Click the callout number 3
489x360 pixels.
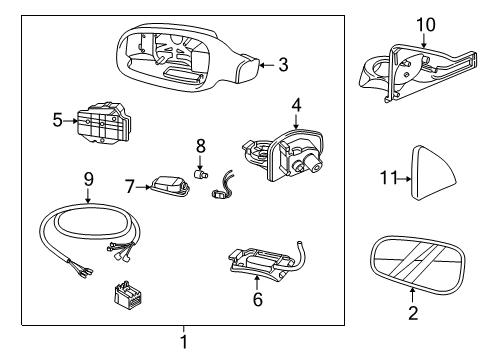point(283,65)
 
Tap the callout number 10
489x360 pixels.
point(426,25)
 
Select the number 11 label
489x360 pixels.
point(389,178)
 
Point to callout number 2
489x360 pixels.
point(413,313)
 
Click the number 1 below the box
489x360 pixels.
point(184,342)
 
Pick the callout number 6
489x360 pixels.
point(258,299)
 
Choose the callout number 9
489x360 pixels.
point(88,180)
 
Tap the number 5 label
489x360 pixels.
point(58,120)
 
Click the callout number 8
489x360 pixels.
point(200,146)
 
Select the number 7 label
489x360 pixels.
point(130,187)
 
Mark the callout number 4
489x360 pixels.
point(296,105)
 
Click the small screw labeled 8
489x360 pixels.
point(200,174)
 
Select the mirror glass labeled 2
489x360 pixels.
point(417,265)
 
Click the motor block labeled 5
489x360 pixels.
point(104,122)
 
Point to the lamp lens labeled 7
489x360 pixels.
point(170,186)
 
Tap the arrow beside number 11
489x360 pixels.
point(405,179)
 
